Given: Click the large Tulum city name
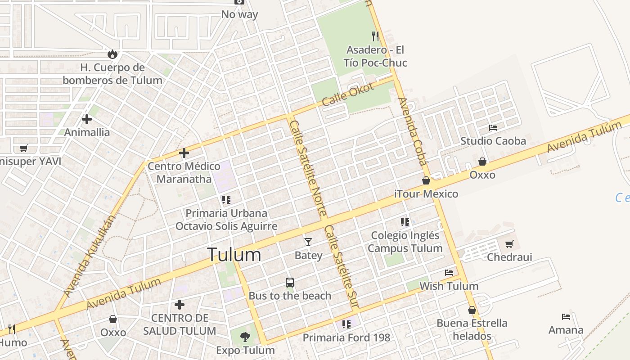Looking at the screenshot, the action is tap(234, 255).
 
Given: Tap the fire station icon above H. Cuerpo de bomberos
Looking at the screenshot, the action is tap(112, 54).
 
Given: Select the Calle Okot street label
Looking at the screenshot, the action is tap(348, 94).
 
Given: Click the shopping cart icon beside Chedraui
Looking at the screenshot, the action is tap(509, 244).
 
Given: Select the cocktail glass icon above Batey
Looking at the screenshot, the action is tap(308, 242).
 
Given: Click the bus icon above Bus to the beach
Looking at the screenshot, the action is tap(290, 283).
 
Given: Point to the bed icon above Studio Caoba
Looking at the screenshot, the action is tap(493, 128).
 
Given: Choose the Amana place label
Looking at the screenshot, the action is tap(566, 330).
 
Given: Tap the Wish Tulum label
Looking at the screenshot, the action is tap(449, 286).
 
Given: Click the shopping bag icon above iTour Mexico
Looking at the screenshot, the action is tap(426, 180).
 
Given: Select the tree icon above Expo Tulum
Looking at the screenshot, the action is tap(245, 337).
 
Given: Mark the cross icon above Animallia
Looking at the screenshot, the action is tap(87, 119).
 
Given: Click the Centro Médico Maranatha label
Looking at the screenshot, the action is tap(184, 172).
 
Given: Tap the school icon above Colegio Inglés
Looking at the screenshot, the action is tap(405, 222).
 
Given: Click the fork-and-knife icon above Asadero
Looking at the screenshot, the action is tap(375, 36).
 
